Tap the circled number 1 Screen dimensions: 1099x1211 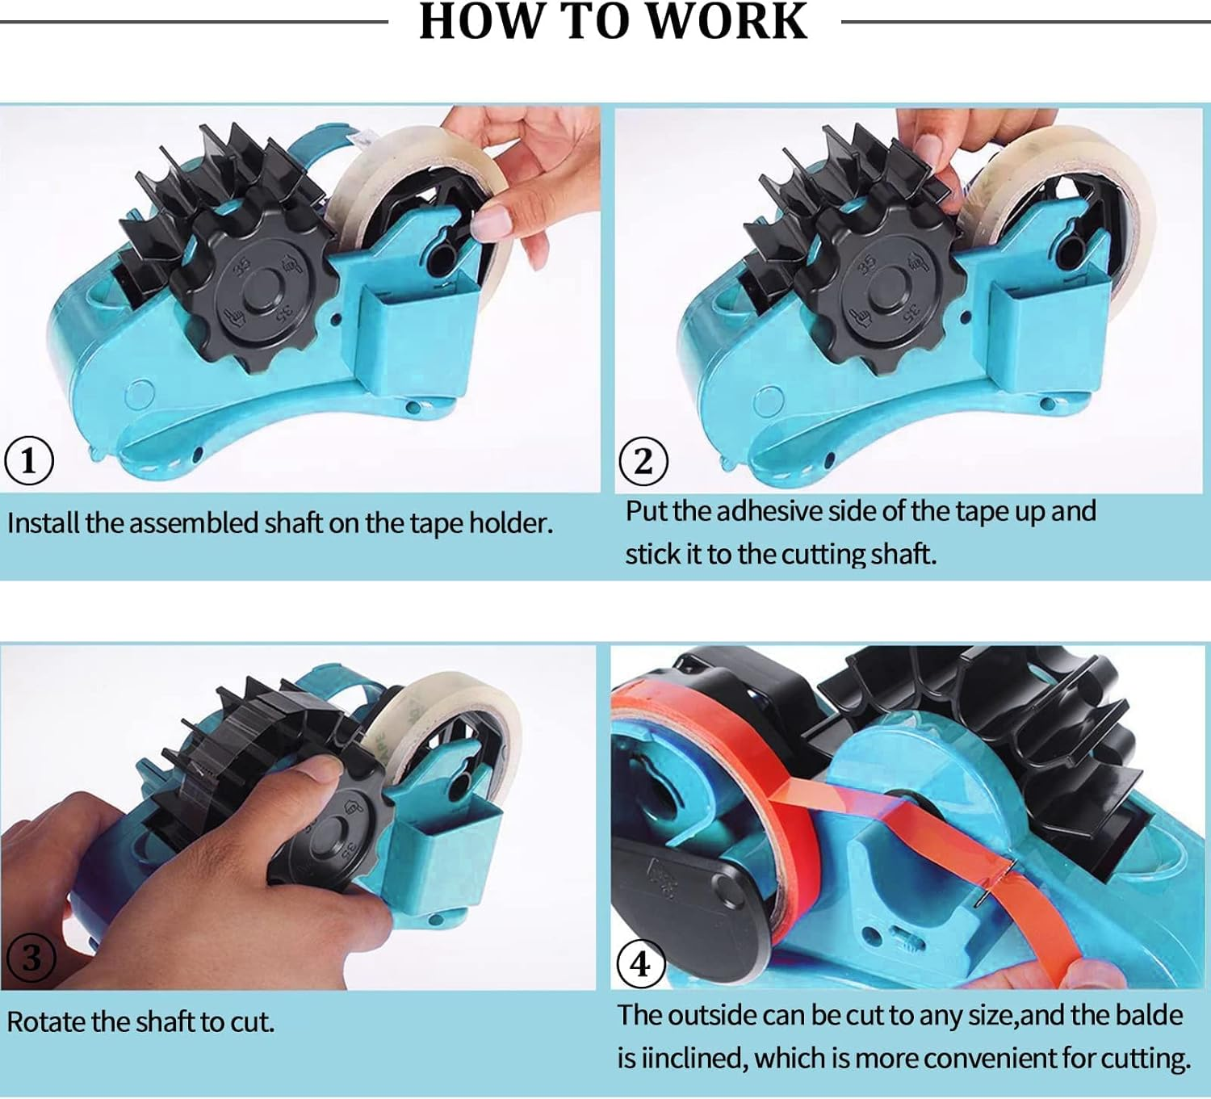tap(29, 461)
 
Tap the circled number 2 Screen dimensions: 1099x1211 tap(643, 461)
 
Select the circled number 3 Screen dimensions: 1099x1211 tap(31, 958)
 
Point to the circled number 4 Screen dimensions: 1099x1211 tap(640, 963)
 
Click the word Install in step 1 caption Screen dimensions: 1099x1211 tap(44, 523)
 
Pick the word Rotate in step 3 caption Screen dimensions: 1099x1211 tap(46, 1022)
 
